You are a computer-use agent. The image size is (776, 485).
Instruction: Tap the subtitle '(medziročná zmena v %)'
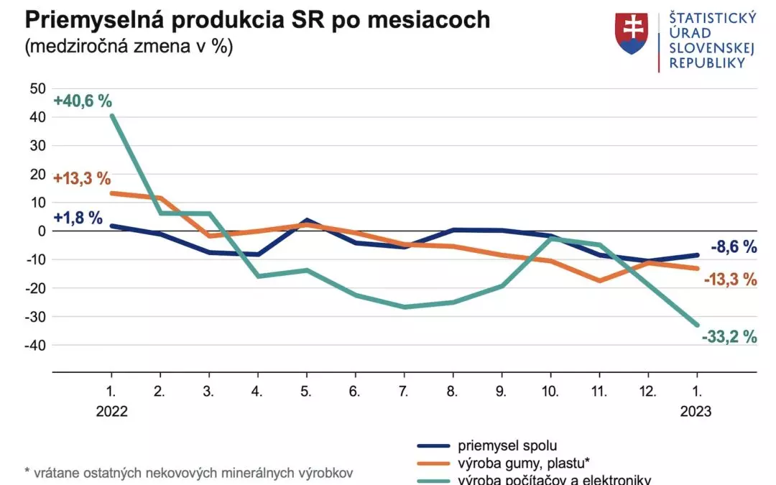tap(129, 47)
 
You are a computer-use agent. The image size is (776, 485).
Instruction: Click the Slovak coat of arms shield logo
tap(632, 33)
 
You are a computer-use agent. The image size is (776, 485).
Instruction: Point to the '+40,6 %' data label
tap(83, 101)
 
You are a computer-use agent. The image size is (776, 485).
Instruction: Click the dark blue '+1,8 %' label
tap(78, 218)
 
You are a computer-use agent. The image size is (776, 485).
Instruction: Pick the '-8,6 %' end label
tap(734, 247)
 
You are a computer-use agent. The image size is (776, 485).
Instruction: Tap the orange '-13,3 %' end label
tap(729, 280)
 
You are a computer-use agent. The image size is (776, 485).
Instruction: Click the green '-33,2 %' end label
tap(729, 336)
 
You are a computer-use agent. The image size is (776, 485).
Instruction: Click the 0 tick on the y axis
tap(42, 231)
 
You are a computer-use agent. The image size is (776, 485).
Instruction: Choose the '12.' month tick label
tap(649, 393)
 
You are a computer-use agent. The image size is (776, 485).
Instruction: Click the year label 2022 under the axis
tap(111, 412)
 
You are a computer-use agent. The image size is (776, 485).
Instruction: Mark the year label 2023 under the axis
tap(696, 412)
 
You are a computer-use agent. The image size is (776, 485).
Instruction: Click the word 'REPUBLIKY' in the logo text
tap(706, 63)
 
